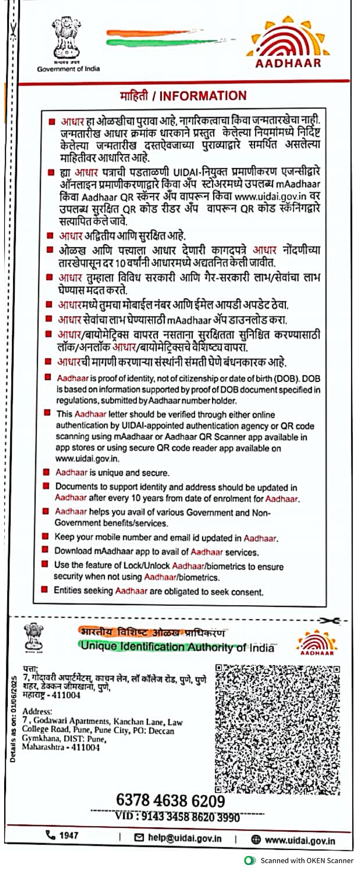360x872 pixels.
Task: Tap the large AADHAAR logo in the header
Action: (x=288, y=42)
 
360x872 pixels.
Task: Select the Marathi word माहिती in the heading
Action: (x=134, y=96)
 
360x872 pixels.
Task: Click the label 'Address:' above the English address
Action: (x=37, y=711)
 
